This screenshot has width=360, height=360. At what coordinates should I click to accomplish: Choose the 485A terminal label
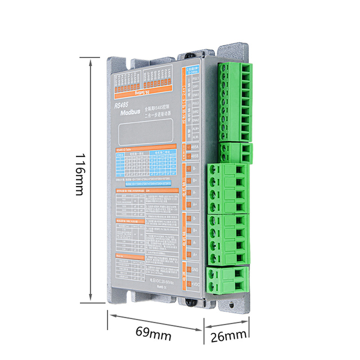[x=195, y=147]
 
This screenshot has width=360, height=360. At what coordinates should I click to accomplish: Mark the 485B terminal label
[x=195, y=156]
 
